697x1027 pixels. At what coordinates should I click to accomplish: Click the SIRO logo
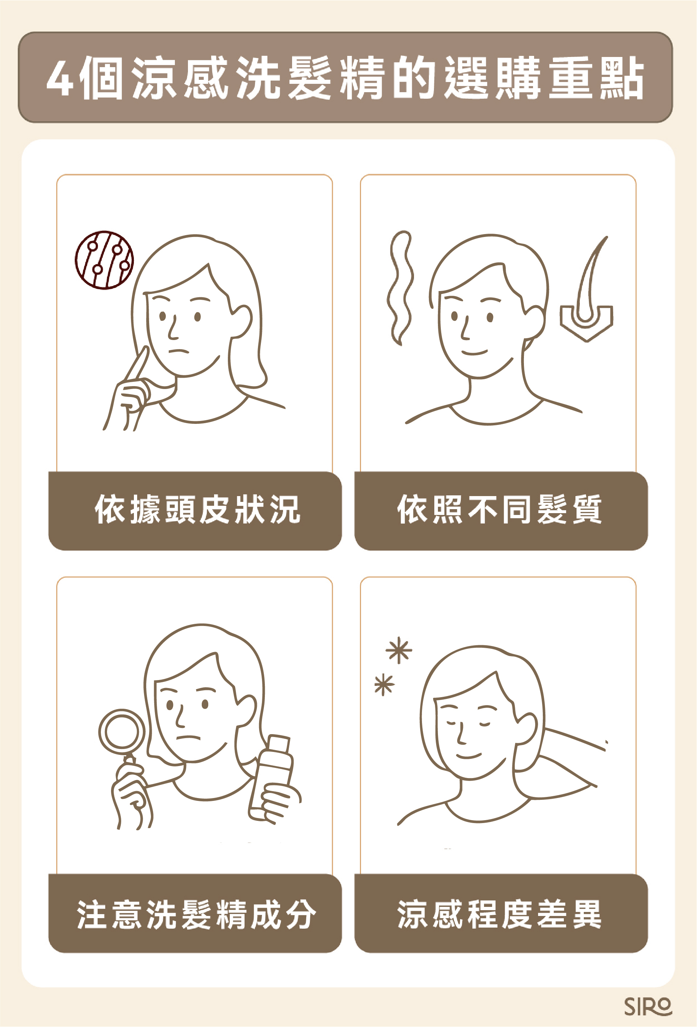point(648,1007)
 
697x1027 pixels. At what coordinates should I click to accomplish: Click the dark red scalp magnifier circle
point(104,260)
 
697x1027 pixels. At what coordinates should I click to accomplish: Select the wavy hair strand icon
point(400,288)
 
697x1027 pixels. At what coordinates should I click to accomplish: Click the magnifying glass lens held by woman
point(122,731)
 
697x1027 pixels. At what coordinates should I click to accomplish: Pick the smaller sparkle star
point(384,684)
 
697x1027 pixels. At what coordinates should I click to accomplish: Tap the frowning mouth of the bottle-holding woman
point(189,737)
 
